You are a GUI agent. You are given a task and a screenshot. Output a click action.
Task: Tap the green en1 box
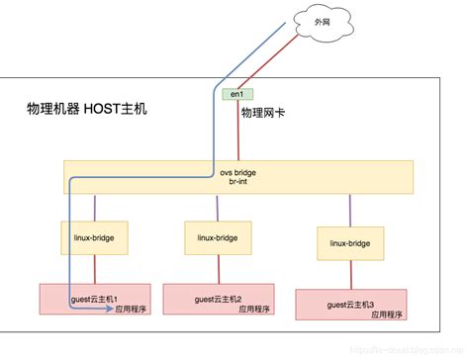point(235,95)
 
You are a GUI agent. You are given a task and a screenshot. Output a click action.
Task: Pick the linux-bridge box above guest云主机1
point(96,238)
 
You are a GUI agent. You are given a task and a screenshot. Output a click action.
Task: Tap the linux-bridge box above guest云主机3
point(349,243)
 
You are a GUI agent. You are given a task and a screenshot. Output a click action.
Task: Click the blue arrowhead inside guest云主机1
point(106,309)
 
